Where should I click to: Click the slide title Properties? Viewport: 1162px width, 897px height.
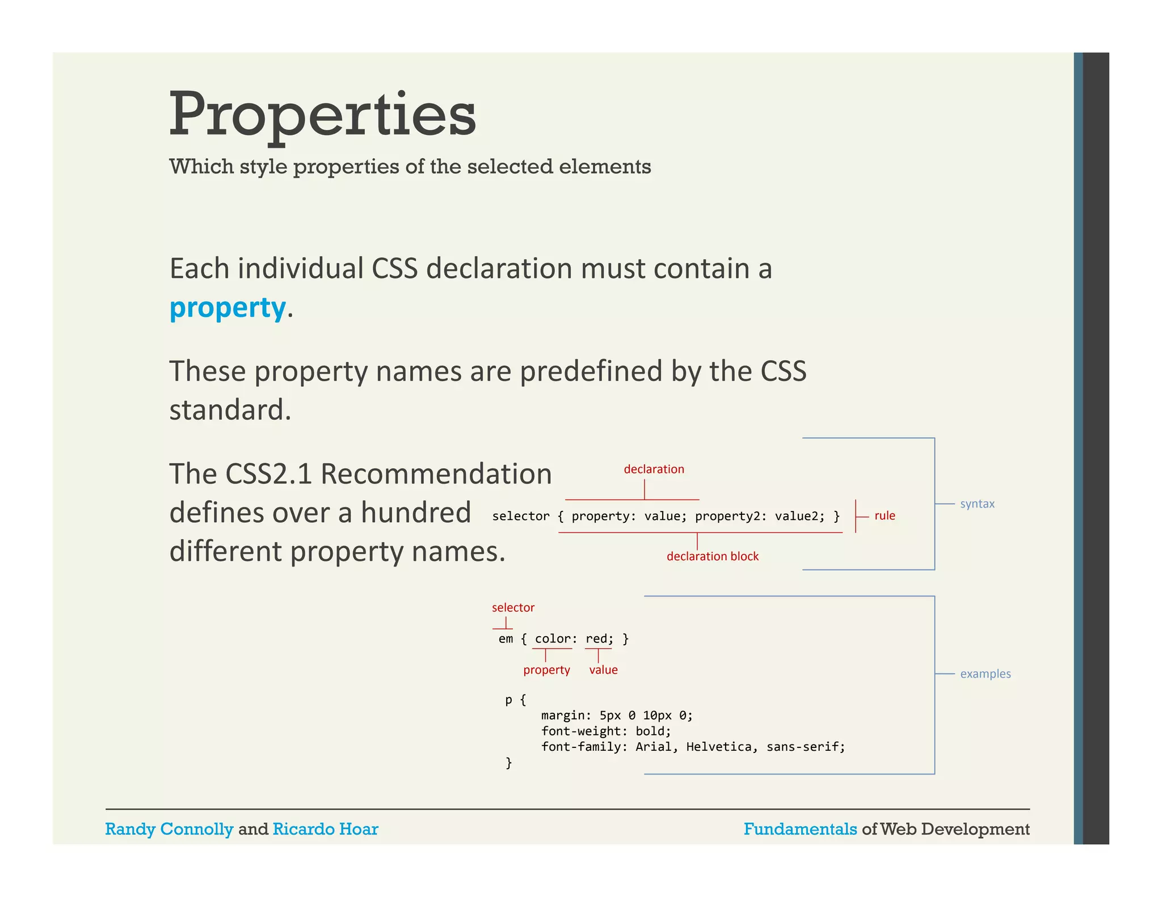(x=322, y=115)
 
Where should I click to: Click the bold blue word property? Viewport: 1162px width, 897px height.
(x=228, y=307)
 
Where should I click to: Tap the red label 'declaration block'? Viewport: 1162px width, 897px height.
(x=712, y=556)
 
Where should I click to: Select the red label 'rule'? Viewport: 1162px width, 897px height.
(x=884, y=515)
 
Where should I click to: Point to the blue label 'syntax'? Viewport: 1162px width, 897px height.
(x=976, y=503)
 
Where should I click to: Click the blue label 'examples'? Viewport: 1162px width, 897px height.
(x=985, y=674)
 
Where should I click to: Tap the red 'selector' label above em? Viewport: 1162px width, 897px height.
(x=513, y=607)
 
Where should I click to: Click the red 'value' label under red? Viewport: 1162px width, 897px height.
(x=603, y=670)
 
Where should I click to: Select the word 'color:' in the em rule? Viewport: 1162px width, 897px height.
(x=555, y=639)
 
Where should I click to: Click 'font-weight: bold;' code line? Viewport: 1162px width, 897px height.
(x=605, y=731)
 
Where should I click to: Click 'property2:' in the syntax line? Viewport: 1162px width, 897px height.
(x=730, y=516)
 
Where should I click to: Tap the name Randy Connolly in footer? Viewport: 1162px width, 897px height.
(x=169, y=829)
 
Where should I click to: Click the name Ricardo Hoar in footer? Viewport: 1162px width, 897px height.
(x=325, y=829)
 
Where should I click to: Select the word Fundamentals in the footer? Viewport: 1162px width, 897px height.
(x=800, y=829)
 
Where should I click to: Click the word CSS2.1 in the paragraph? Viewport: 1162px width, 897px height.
(x=268, y=473)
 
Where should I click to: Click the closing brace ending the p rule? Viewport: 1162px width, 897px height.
(x=508, y=763)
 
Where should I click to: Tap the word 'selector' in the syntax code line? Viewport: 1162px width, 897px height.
(x=520, y=516)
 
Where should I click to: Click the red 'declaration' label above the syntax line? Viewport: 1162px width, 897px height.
(x=654, y=469)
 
